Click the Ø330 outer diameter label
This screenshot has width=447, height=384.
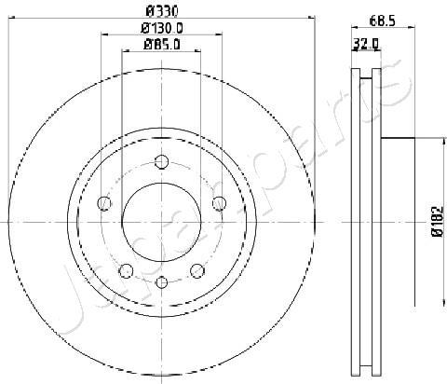162,12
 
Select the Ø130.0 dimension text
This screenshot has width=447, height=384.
162,29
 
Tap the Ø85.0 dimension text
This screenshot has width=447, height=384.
162,45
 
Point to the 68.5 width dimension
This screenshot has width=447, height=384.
383,21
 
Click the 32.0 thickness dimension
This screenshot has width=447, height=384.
366,45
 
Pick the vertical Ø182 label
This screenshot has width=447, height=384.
438,221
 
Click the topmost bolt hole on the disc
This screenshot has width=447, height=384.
161,162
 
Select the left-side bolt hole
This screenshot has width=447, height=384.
104,203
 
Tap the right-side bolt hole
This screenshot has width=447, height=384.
219,203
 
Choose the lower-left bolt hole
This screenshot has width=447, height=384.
126,271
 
